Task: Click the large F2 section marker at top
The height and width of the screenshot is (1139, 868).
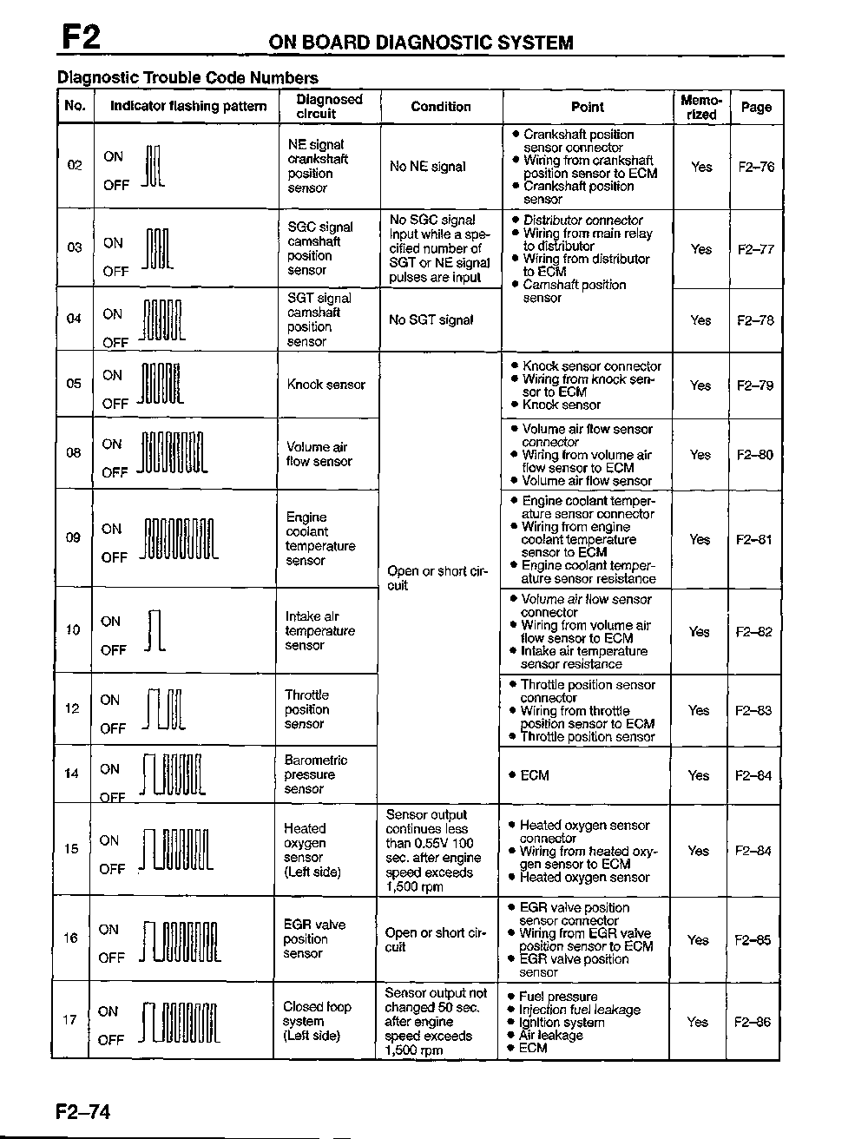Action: [x=81, y=36]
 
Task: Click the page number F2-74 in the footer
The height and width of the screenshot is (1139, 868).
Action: [x=83, y=1111]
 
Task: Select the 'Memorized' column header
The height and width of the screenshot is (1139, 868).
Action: [x=700, y=107]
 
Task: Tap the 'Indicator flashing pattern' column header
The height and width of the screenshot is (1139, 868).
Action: [x=187, y=107]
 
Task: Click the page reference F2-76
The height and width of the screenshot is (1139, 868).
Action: [x=756, y=167]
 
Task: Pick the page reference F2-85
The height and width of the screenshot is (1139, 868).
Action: [x=753, y=939]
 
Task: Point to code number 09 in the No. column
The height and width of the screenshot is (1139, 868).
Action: [x=73, y=537]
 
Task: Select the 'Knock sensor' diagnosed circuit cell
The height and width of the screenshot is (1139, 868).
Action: [x=326, y=385]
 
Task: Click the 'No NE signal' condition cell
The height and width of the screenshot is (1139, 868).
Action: [x=427, y=167]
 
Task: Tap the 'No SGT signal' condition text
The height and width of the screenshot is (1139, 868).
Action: [x=431, y=320]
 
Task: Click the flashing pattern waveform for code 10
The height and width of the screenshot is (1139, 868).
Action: [x=155, y=631]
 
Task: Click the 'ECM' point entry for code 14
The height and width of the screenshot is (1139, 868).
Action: [x=534, y=775]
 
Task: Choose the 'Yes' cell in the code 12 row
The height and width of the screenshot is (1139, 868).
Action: [x=699, y=710]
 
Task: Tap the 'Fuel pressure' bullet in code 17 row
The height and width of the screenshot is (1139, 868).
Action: [x=558, y=997]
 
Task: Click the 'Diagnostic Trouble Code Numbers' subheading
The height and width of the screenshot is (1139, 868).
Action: [x=187, y=77]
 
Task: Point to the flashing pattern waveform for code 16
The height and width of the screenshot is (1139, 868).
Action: [x=181, y=943]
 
